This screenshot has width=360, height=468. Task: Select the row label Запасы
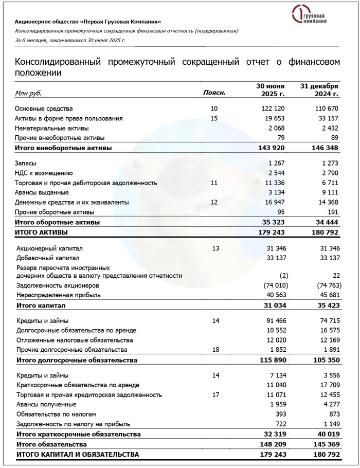(x=28, y=164)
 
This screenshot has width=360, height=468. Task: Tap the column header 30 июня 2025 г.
(x=271, y=90)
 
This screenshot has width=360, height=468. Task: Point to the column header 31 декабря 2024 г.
(x=319, y=90)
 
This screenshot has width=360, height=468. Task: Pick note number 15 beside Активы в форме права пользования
(x=214, y=118)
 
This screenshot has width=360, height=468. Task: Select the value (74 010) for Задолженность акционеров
(x=275, y=285)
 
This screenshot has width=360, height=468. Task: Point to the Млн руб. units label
(x=28, y=94)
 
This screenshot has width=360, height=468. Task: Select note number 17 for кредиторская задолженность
(x=214, y=395)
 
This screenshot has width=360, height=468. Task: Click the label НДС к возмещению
(x=44, y=173)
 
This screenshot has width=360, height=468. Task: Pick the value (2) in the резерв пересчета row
(x=282, y=276)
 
